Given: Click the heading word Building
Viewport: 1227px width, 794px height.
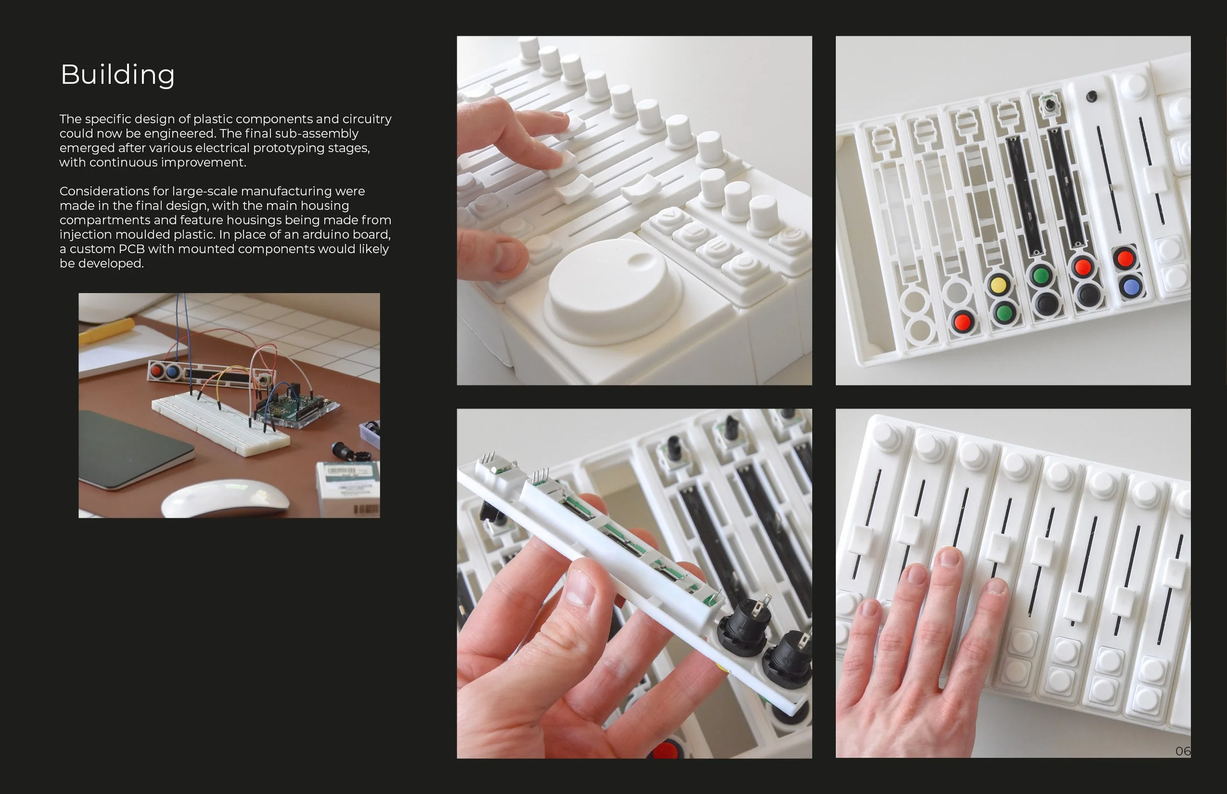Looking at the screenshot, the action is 117,75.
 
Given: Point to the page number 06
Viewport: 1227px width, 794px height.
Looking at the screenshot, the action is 1183,751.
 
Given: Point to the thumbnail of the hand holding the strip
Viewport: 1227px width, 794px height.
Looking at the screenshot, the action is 634,583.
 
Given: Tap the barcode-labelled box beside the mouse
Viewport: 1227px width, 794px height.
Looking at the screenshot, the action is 348,488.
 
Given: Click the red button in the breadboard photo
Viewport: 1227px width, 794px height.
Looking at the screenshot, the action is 156,370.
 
